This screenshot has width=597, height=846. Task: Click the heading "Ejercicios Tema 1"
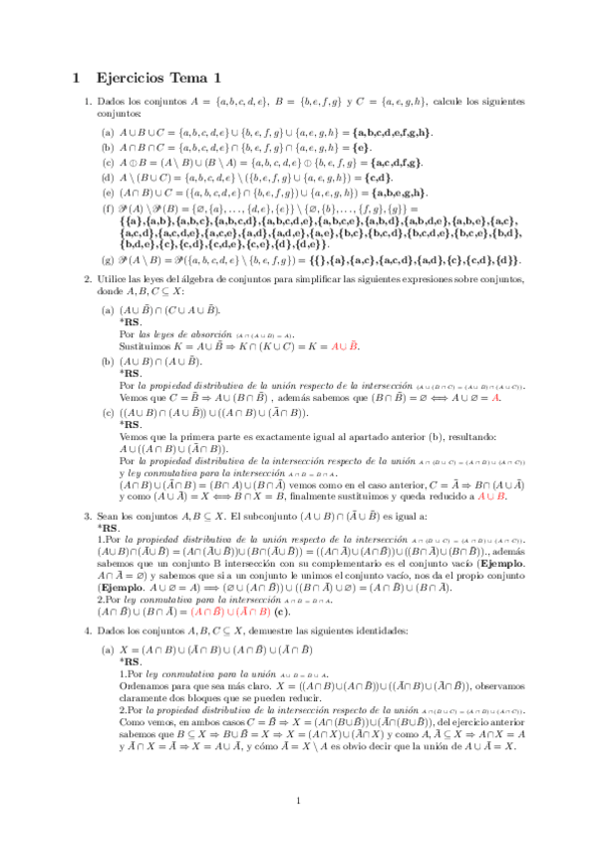coord(158,77)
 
